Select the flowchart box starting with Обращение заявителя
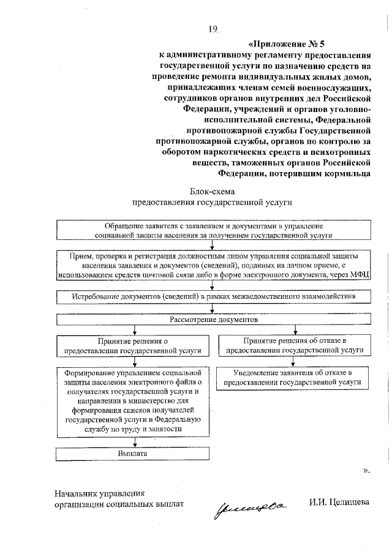[x=214, y=230]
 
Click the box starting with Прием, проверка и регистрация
[x=214, y=264]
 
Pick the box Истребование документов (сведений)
[x=214, y=296]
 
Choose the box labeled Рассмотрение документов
[x=214, y=320]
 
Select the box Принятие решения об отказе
[x=295, y=346]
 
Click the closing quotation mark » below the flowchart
[x=366, y=471]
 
